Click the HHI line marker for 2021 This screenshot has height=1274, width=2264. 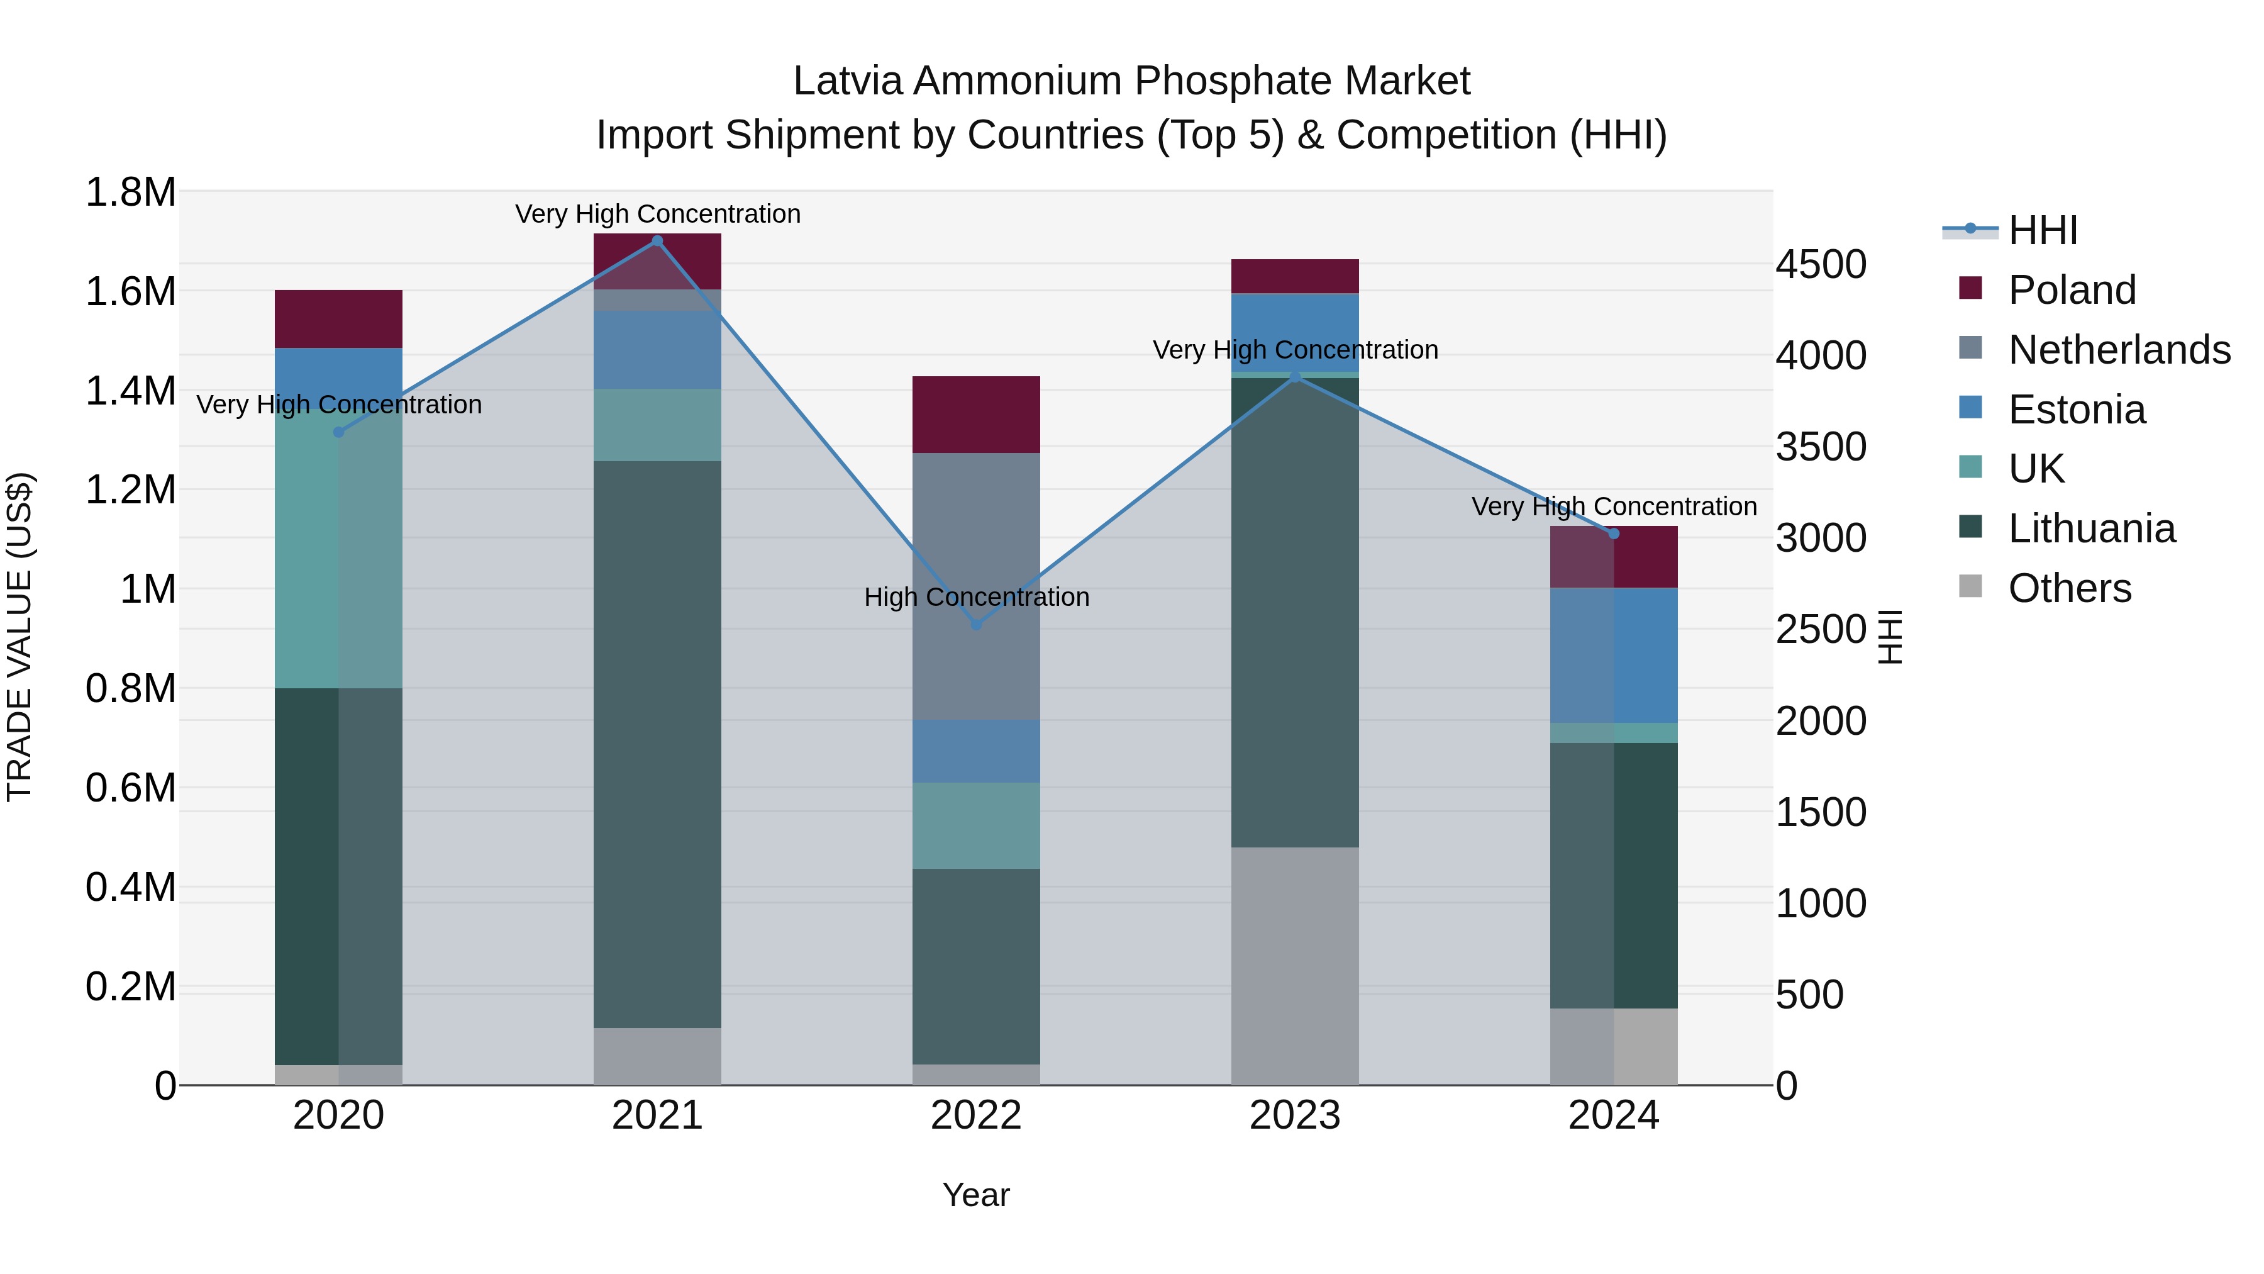[657, 241]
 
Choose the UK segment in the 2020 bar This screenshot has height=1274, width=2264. [338, 549]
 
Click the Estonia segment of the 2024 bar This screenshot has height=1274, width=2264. [1614, 655]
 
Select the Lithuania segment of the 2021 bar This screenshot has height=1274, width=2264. [657, 744]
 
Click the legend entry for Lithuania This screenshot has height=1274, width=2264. [2091, 528]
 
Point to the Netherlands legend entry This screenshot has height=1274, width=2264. [2118, 350]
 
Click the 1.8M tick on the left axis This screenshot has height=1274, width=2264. [131, 192]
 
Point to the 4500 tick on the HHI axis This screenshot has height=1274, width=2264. [1820, 265]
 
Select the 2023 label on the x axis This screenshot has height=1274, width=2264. [1295, 1115]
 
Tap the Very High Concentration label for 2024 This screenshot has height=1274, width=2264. [1614, 506]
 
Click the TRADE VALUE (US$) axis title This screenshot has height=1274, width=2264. [20, 637]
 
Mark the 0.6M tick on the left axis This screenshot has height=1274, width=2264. [131, 788]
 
